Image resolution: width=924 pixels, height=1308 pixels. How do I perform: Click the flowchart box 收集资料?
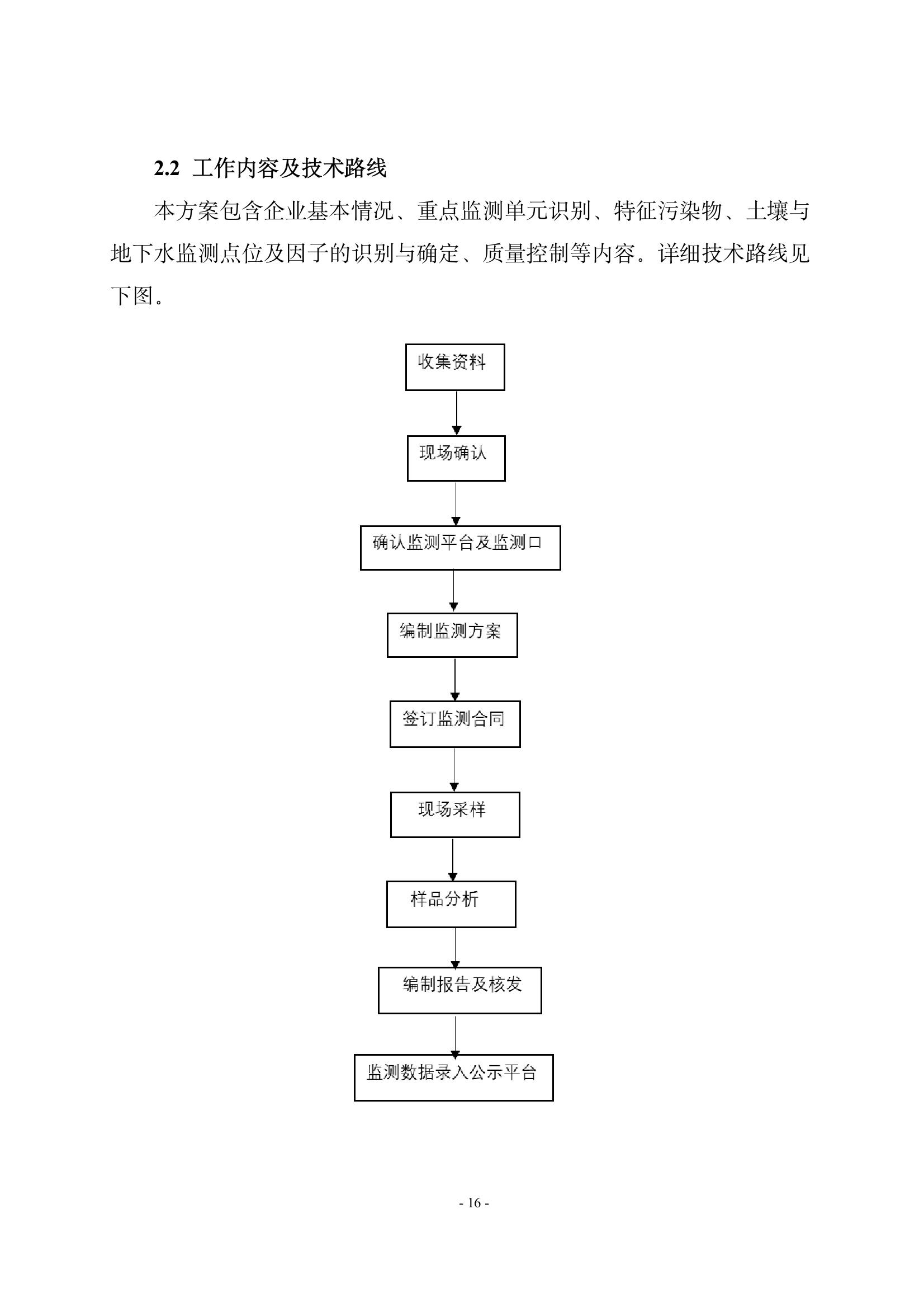[x=455, y=367]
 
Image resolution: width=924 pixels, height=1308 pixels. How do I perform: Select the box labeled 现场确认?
[x=456, y=459]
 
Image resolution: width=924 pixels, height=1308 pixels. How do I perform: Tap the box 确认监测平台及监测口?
[x=460, y=548]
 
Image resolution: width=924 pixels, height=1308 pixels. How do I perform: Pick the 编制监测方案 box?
[x=452, y=635]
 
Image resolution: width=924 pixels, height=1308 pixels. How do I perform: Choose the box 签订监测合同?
[x=455, y=724]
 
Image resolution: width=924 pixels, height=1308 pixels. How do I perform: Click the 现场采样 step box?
[x=455, y=815]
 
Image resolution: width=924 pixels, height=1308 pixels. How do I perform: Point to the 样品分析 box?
[x=451, y=905]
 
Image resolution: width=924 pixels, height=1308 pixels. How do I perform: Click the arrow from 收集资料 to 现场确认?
[x=456, y=413]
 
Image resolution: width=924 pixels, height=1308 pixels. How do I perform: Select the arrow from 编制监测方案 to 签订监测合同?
[x=455, y=679]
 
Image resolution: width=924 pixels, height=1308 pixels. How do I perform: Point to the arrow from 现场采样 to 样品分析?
[x=453, y=860]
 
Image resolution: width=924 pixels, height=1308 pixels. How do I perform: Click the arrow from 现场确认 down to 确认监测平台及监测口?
[x=456, y=504]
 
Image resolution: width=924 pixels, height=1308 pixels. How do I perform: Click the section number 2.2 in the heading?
[x=166, y=169]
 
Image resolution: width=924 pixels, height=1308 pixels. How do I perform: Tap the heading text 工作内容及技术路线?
[x=290, y=168]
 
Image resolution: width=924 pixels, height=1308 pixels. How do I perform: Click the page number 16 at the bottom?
[x=474, y=1203]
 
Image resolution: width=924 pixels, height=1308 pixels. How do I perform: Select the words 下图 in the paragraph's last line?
[x=132, y=297]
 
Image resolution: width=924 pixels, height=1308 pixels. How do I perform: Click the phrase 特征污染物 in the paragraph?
[x=668, y=211]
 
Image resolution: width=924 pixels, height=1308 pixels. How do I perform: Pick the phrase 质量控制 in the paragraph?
[x=525, y=253]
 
